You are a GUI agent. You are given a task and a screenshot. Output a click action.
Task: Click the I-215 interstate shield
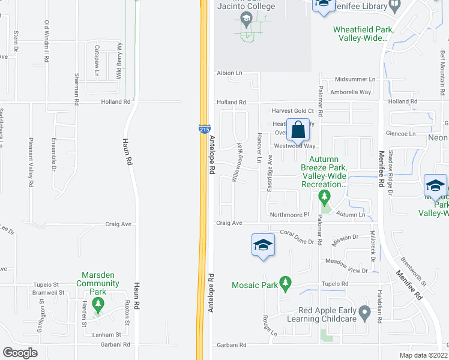tap(204, 129)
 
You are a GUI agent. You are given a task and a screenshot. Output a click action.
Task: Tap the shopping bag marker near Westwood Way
tap(298, 130)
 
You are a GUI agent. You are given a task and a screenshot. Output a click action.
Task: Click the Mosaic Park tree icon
tap(286, 282)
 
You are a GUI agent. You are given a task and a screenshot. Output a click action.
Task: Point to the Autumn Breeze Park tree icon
tap(325, 196)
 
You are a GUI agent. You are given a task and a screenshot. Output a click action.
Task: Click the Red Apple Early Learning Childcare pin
tap(364, 313)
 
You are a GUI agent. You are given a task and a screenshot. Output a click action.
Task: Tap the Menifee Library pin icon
tap(395, 7)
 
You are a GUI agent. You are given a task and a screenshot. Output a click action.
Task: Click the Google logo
tap(20, 353)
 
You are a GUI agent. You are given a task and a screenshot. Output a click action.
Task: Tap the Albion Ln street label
tap(229, 73)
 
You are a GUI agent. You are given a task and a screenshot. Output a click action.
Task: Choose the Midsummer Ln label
tap(355, 79)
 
